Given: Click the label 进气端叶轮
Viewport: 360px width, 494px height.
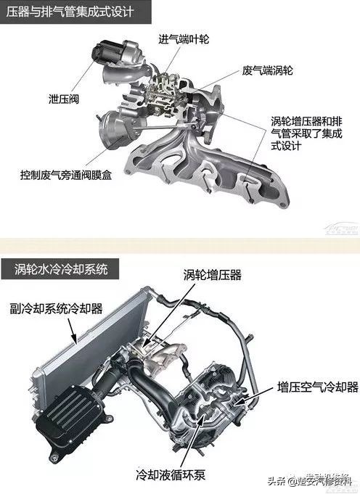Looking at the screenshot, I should (x=184, y=38).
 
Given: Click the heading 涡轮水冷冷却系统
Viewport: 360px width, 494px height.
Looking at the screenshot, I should (x=62, y=271).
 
